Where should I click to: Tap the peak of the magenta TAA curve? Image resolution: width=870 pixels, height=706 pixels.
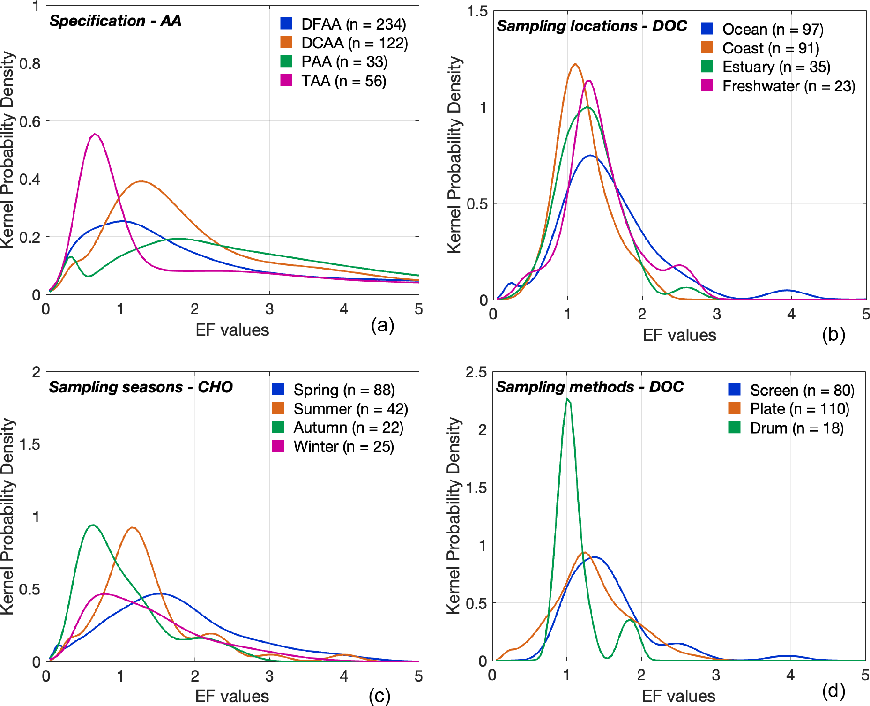[x=95, y=135]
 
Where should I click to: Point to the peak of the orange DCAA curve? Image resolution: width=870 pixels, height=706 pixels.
[x=141, y=181]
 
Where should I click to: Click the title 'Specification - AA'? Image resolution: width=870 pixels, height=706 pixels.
[x=115, y=21]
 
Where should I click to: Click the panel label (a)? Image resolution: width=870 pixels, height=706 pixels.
[x=382, y=325]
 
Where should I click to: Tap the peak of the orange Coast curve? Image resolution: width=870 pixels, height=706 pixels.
[x=575, y=64]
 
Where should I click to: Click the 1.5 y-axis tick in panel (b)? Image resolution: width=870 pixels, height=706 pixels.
[x=477, y=11]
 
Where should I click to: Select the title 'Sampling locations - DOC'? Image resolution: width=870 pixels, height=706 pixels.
[x=592, y=26]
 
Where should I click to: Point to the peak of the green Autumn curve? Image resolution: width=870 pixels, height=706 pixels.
[x=93, y=525]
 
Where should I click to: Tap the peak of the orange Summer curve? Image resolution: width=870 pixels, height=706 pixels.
[x=133, y=528]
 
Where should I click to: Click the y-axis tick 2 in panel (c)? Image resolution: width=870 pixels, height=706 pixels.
[x=36, y=372]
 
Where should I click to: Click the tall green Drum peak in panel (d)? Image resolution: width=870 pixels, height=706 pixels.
[x=567, y=399]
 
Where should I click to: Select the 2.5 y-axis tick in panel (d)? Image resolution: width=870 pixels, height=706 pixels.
[x=476, y=372]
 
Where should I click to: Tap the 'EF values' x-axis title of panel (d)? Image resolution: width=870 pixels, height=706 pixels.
[x=678, y=696]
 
